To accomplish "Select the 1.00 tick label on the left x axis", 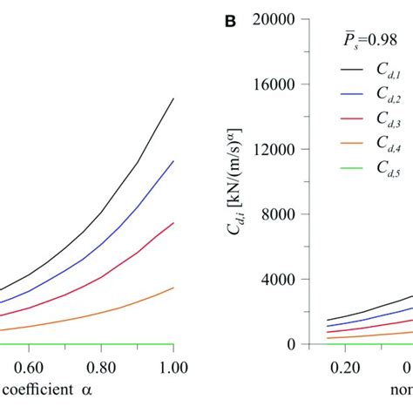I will pos(173,368).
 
